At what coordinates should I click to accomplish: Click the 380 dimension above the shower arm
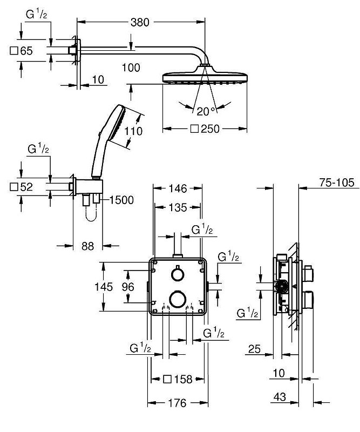[x=140, y=22]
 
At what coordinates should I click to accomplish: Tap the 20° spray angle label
[x=206, y=111]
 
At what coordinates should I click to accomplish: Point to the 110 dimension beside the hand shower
[x=134, y=131]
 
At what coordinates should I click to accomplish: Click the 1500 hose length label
[x=122, y=200]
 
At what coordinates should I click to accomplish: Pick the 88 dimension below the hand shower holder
[x=88, y=246]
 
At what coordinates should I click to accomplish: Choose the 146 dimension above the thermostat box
[x=178, y=188]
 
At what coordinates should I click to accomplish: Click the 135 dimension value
[x=178, y=207]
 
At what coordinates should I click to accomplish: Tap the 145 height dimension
[x=104, y=287]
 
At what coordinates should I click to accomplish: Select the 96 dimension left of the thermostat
[x=128, y=287]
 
